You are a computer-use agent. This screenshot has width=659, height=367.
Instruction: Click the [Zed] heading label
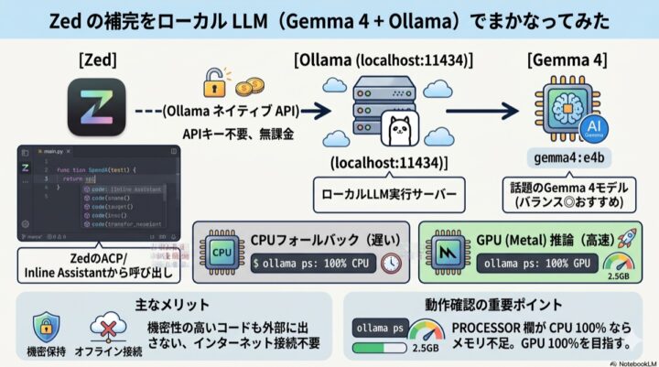click(96, 60)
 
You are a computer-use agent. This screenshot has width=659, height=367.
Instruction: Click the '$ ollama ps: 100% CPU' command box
click(312, 263)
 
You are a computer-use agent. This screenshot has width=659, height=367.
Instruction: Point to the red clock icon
click(392, 262)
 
